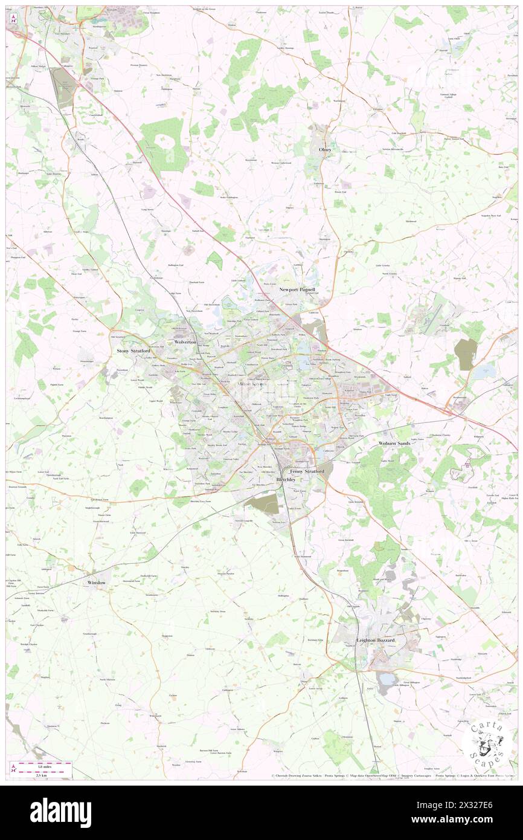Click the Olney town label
pyautogui.click(x=326, y=149)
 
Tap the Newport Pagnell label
pyautogui.click(x=297, y=290)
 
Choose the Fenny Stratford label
pyautogui.click(x=307, y=471)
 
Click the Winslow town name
pyautogui.click(x=97, y=583)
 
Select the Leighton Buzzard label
pyautogui.click(x=376, y=640)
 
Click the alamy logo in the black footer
pyautogui.click(x=60, y=812)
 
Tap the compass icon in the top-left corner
pyautogui.click(x=12, y=19)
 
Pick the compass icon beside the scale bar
pyautogui.click(x=13, y=768)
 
